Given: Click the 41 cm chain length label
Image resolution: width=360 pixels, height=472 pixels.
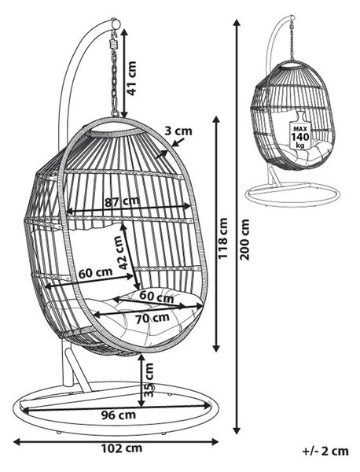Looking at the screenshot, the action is [132, 78].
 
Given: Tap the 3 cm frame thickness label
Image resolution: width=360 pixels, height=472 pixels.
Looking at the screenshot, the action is [178, 131].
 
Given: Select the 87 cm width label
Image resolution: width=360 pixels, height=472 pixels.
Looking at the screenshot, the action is [122, 201].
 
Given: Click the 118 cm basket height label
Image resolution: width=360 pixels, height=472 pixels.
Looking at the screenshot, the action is [222, 238].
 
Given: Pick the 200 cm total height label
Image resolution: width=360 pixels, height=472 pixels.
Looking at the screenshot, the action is [244, 239].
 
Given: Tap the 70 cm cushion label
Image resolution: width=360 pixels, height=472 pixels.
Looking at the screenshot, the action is [152, 319].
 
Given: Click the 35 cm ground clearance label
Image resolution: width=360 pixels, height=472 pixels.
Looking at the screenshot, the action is [149, 380].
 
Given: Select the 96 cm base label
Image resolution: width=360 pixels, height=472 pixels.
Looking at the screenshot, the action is [118, 415].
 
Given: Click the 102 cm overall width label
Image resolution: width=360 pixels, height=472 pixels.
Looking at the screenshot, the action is [122, 448].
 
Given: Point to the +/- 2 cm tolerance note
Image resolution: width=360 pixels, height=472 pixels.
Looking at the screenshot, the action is [325, 452].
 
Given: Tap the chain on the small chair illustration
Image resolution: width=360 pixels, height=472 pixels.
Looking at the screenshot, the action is [292, 39].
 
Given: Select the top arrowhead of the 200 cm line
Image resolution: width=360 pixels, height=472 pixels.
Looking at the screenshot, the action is [237, 24].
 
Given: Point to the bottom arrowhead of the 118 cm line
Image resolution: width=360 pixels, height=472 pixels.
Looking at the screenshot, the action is [216, 348].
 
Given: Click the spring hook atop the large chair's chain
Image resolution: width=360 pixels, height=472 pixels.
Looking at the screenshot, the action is [114, 42].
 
